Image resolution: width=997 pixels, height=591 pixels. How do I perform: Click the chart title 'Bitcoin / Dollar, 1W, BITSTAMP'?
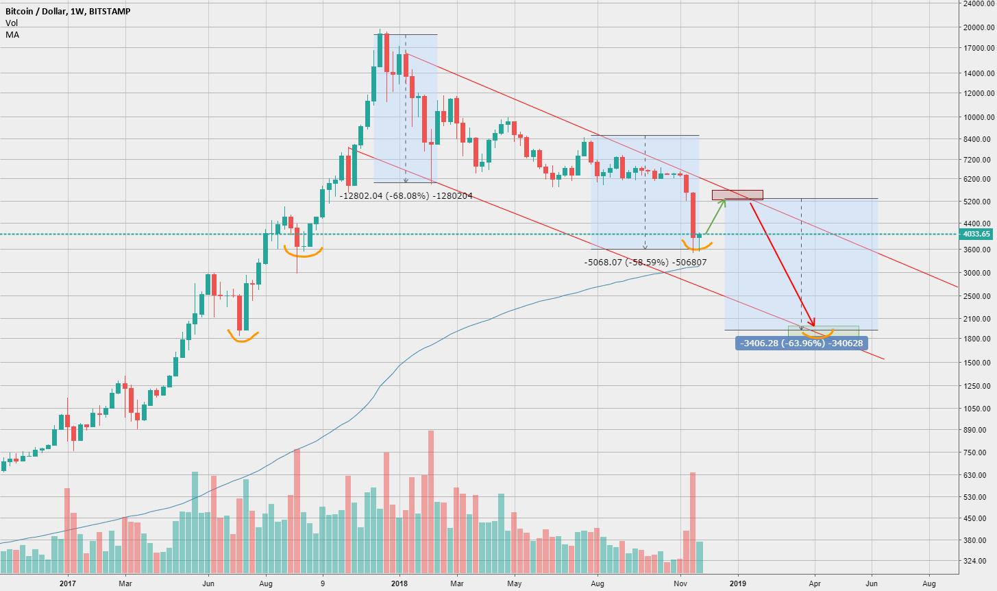(68, 12)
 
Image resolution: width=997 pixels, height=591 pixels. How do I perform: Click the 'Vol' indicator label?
(12, 23)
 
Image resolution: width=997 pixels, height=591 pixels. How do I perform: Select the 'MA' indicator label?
(12, 34)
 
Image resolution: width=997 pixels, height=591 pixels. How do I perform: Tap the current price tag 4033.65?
(976, 234)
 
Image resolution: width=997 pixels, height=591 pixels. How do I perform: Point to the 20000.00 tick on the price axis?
(977, 27)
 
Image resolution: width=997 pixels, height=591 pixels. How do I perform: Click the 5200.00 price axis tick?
(977, 202)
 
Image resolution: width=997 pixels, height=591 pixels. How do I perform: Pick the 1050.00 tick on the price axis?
(977, 409)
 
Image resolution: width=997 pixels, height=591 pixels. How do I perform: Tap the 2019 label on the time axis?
(738, 583)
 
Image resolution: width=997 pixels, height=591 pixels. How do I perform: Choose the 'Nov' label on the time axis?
(680, 583)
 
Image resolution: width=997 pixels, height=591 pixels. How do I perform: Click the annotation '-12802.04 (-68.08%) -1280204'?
(406, 195)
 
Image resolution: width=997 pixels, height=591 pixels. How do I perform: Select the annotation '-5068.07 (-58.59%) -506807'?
(645, 262)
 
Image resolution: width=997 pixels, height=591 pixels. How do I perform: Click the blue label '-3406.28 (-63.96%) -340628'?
(801, 343)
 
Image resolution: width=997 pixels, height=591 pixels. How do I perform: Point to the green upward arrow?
(716, 216)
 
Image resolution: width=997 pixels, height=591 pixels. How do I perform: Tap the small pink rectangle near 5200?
(737, 195)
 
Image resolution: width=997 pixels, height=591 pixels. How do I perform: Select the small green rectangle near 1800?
(823, 331)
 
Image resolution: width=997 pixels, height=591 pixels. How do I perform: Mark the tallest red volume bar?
(431, 500)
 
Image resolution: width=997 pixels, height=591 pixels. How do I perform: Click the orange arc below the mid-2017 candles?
(243, 338)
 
